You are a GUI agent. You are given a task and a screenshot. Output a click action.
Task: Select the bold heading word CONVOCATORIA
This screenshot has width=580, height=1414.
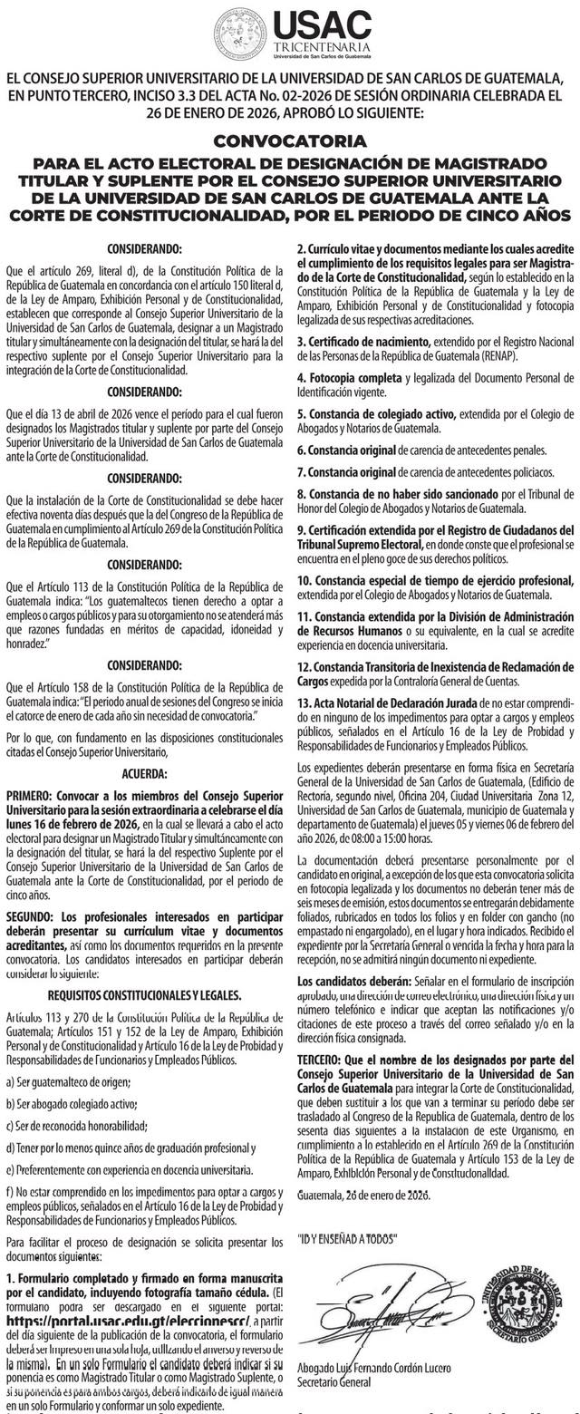pos(290,141)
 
